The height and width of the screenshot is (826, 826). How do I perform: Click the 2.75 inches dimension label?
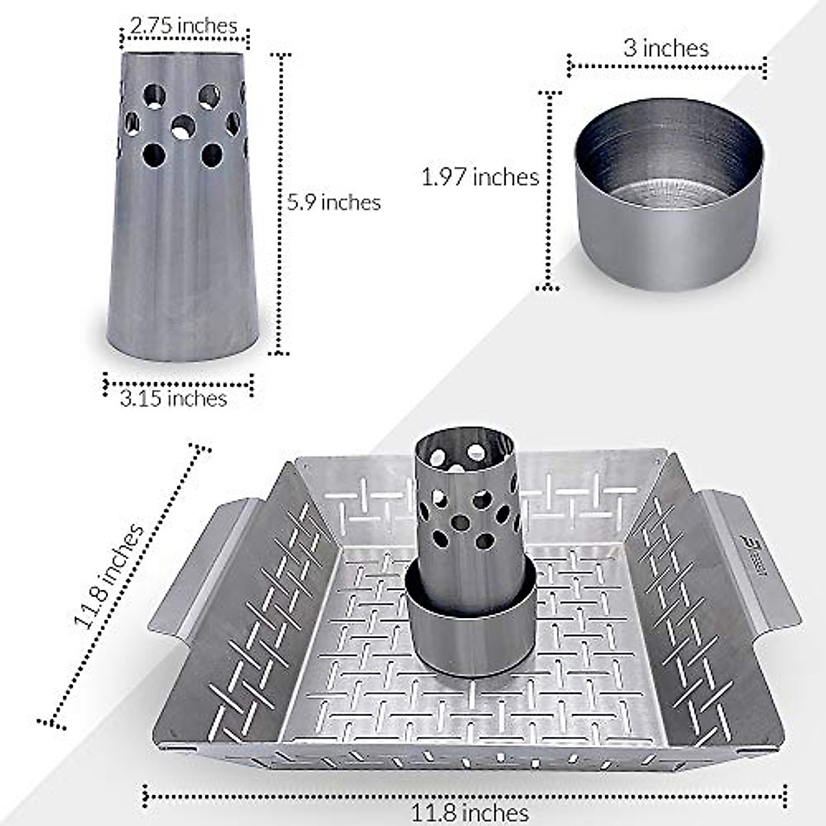[183, 25]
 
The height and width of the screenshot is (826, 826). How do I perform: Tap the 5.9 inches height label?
[334, 202]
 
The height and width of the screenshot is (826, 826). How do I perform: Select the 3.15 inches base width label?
[173, 399]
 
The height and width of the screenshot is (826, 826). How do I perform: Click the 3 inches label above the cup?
[666, 47]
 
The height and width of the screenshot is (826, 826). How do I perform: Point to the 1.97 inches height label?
[480, 177]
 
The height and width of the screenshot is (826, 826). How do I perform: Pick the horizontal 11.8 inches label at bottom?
[470, 812]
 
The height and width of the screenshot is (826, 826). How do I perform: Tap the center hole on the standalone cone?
[183, 126]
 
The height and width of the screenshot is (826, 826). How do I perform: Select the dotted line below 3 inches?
[666, 67]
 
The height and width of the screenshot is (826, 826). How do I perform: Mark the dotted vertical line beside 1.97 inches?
[549, 189]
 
